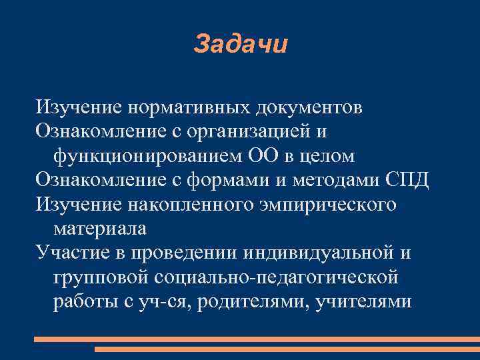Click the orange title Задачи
(241, 44)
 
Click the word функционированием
(138, 156)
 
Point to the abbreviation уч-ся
(169, 301)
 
